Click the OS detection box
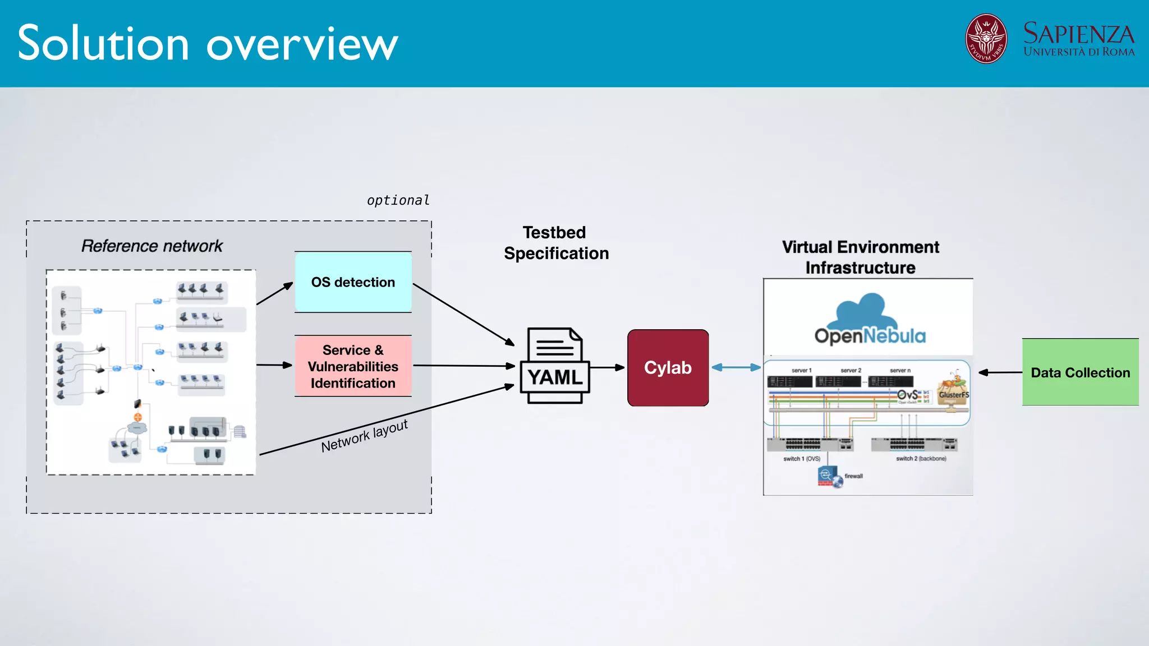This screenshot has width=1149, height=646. click(x=353, y=282)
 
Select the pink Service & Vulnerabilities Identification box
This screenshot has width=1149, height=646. click(x=353, y=366)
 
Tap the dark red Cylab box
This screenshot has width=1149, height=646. click(x=668, y=367)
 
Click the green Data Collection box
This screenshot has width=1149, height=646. click(x=1080, y=372)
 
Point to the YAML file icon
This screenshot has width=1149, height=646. click(x=554, y=366)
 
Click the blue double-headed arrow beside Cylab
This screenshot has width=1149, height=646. click(x=736, y=367)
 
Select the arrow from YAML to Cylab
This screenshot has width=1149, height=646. click(x=607, y=367)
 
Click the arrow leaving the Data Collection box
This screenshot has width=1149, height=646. click(x=1000, y=372)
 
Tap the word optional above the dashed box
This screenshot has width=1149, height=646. click(x=398, y=200)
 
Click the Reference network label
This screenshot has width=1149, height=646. click(x=152, y=246)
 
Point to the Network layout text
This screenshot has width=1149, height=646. click(x=364, y=435)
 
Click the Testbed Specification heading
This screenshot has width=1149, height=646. click(x=555, y=243)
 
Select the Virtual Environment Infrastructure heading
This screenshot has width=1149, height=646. click(x=860, y=257)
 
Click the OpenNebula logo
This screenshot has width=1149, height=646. click(x=870, y=320)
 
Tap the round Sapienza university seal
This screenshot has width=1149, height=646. click(x=986, y=39)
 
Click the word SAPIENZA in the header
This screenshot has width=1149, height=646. click(x=1078, y=34)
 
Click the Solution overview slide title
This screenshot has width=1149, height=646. click(x=208, y=43)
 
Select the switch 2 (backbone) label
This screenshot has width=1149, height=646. click(x=921, y=458)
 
